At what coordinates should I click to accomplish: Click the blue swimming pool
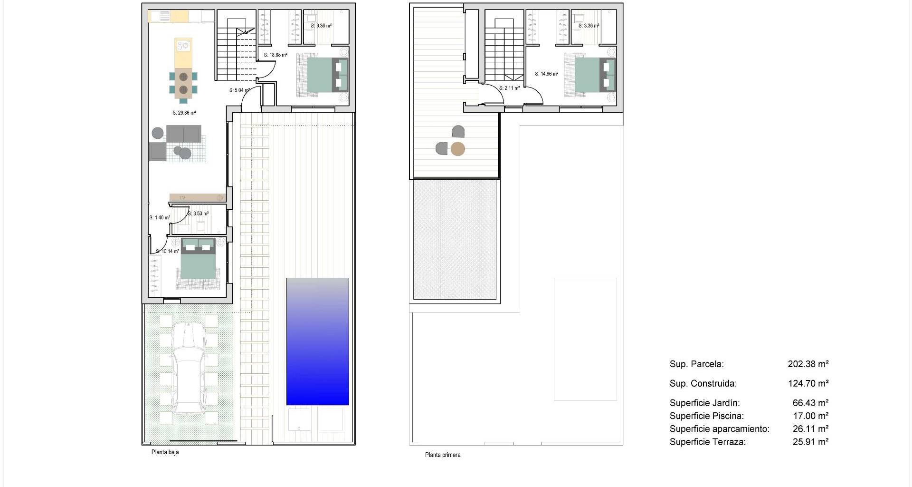[x=318, y=341]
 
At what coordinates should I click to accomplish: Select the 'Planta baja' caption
[x=165, y=452]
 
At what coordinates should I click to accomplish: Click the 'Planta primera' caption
[x=443, y=455]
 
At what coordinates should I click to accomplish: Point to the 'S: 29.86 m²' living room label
[x=184, y=113]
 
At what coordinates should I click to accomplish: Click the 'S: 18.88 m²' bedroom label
[x=275, y=55]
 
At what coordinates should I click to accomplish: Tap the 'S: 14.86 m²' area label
[x=546, y=74]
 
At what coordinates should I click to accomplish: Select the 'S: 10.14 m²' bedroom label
[x=168, y=252]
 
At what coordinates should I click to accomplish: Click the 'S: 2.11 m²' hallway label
[x=509, y=88]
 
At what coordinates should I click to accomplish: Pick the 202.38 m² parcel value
[x=808, y=364]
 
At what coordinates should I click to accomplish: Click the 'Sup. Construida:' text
[x=703, y=384]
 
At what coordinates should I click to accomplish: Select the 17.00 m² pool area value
[x=811, y=416]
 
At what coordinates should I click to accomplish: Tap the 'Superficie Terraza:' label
[x=708, y=442]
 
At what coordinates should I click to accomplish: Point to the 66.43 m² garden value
[x=811, y=403]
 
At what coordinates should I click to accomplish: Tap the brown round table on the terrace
[x=457, y=149]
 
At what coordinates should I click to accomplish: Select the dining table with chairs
[x=183, y=83]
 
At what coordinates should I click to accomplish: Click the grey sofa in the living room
[x=184, y=134]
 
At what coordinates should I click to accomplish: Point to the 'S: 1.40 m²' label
[x=160, y=218]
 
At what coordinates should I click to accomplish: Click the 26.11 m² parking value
[x=811, y=429]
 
